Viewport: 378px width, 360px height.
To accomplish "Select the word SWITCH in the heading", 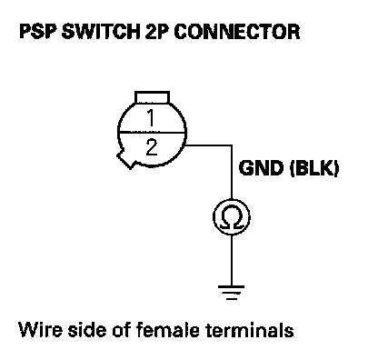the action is point(101,32).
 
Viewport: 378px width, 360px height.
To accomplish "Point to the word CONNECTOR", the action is point(237,32).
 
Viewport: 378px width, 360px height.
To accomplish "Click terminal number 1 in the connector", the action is point(151,117).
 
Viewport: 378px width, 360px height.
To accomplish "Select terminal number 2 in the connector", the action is point(152,147).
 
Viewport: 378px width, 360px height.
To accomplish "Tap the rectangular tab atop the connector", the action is point(152,97).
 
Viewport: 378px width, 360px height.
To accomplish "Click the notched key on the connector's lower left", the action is point(125,159).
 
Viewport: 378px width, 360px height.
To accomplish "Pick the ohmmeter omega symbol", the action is point(232,217).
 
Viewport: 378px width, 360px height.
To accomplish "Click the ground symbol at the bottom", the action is point(232,293).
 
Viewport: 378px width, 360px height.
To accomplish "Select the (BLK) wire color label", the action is point(314,168).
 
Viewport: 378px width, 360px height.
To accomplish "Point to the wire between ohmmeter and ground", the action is point(232,260).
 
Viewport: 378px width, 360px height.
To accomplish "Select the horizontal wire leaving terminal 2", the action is point(209,145).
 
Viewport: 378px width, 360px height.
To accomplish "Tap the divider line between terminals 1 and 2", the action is point(152,132).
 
